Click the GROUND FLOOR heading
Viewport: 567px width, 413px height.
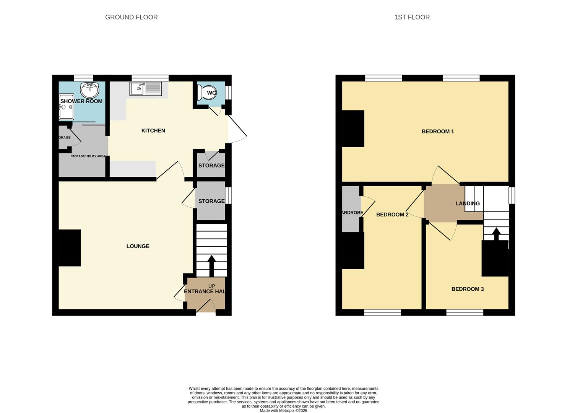pos(131,17)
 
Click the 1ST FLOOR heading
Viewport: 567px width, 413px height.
pos(412,17)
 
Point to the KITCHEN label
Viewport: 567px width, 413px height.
pos(153,131)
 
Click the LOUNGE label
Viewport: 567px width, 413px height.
pos(138,246)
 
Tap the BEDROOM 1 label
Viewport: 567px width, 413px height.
pos(437,132)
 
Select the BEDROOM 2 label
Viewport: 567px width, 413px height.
pos(392,215)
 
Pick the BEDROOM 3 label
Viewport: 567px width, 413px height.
pos(467,289)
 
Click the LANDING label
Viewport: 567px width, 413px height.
pos(467,203)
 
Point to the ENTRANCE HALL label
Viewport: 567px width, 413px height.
pos(205,291)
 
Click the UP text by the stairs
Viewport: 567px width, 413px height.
pos(211,286)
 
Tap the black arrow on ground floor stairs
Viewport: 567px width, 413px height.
pos(211,264)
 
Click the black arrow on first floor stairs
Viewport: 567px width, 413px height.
pos(496,234)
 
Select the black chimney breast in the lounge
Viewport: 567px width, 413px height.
pos(70,248)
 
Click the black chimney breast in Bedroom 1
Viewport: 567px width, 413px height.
pos(353,128)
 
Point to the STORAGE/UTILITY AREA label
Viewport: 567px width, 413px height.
pos(88,156)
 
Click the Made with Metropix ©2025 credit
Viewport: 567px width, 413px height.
pos(283,411)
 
